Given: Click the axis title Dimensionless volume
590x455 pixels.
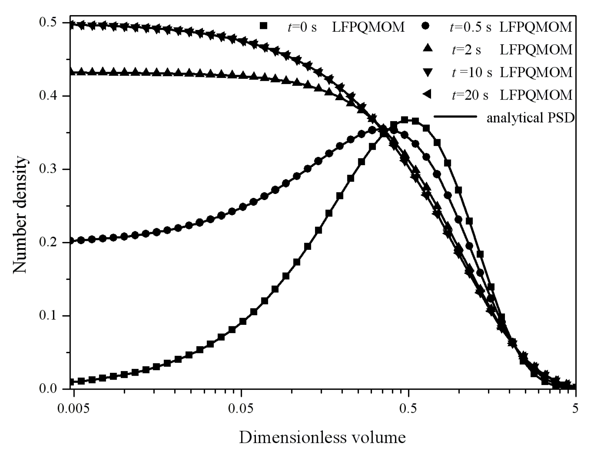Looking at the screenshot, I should click(x=322, y=437).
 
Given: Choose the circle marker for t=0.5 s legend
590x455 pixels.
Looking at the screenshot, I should click(x=427, y=26).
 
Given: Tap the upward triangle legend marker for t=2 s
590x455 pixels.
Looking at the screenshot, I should click(x=427, y=49).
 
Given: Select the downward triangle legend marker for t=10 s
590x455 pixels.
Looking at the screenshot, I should click(x=427, y=72).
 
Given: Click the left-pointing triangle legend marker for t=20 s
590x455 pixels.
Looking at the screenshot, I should click(x=427, y=95).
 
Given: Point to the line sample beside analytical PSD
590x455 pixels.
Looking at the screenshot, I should click(x=456, y=117).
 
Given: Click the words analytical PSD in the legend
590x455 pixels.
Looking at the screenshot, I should click(x=530, y=118).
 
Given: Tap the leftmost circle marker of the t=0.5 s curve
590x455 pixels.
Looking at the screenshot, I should click(x=71, y=240).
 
